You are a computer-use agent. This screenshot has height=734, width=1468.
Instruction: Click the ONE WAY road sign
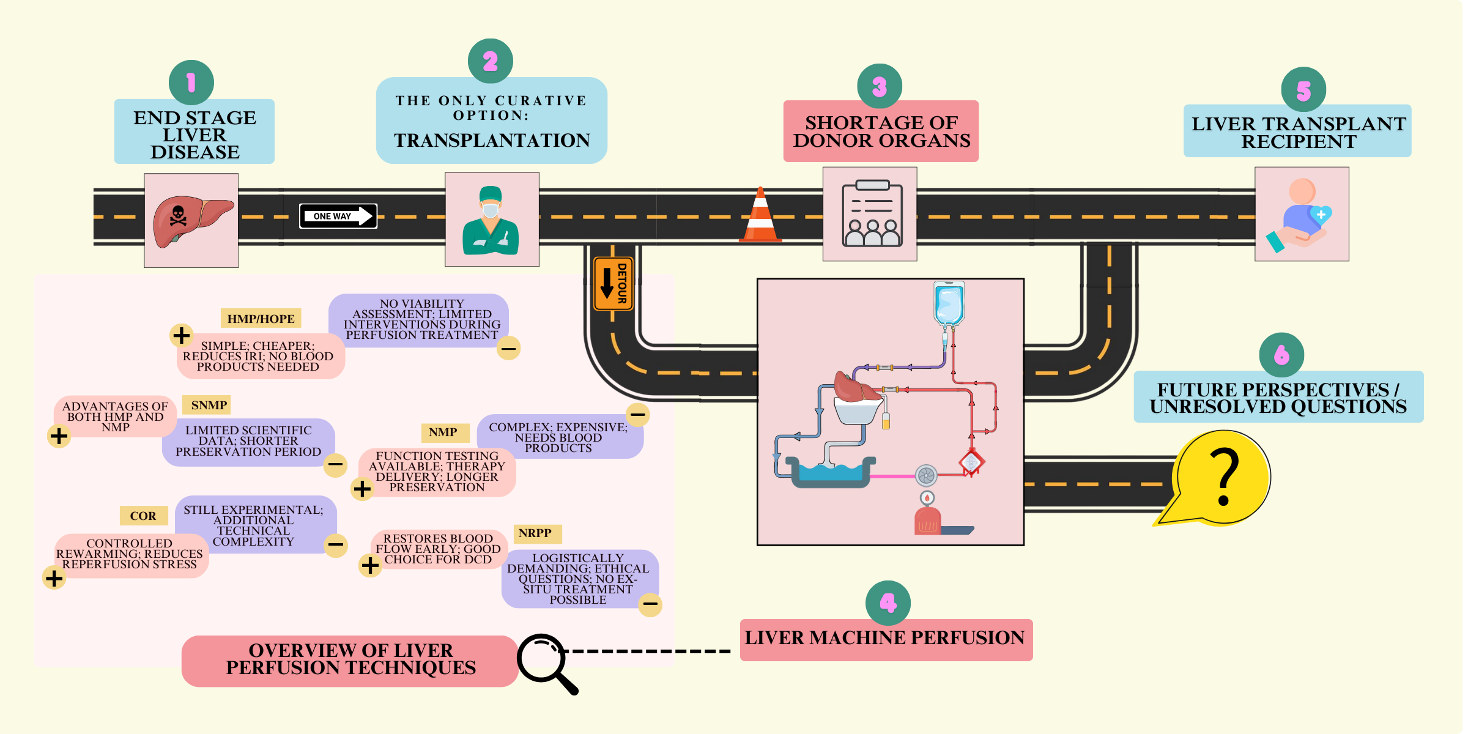click(338, 216)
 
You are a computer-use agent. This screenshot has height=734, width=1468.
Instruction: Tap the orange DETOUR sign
click(613, 283)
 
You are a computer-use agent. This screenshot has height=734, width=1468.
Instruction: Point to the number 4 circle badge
click(888, 603)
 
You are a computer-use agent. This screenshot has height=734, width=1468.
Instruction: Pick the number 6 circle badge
click(1281, 355)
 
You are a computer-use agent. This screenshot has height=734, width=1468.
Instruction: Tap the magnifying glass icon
click(544, 661)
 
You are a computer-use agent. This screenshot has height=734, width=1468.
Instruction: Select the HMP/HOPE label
click(261, 319)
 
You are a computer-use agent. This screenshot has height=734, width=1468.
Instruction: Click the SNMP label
click(209, 405)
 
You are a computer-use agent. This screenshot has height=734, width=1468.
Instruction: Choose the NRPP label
click(535, 533)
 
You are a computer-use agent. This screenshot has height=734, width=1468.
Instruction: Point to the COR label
click(143, 516)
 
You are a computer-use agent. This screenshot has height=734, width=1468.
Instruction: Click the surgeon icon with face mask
click(491, 220)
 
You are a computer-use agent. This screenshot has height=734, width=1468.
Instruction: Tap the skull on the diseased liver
click(178, 216)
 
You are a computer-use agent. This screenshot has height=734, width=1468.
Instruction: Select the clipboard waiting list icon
click(871, 214)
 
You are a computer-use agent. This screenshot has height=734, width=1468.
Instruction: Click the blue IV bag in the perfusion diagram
click(948, 303)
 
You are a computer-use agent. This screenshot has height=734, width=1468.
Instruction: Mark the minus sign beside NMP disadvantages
click(638, 415)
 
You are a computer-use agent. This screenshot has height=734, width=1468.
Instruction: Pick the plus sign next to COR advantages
click(54, 578)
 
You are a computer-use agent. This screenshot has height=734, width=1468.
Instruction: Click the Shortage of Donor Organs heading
click(881, 132)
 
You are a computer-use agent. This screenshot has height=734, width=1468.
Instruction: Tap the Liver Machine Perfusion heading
click(884, 638)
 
